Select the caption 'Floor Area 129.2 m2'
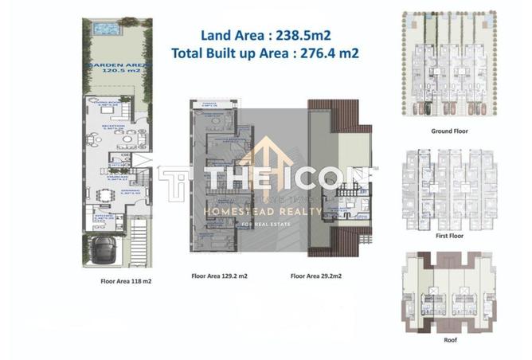pos(219,276)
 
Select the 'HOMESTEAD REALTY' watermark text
pos(263,212)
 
